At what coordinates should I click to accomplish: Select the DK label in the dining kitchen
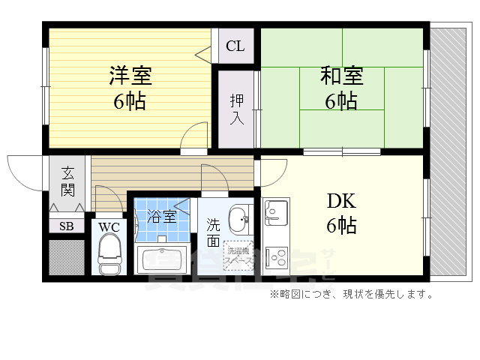click(341, 201)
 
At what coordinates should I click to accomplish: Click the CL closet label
click(235, 46)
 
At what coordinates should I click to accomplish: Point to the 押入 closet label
click(236, 109)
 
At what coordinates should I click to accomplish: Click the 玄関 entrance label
click(67, 180)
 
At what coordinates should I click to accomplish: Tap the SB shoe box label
click(67, 225)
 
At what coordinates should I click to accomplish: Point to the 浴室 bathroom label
click(160, 217)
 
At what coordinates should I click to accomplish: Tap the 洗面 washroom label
click(213, 232)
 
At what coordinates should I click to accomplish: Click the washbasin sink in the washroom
click(239, 220)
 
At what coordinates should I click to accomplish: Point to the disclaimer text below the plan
click(351, 294)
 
